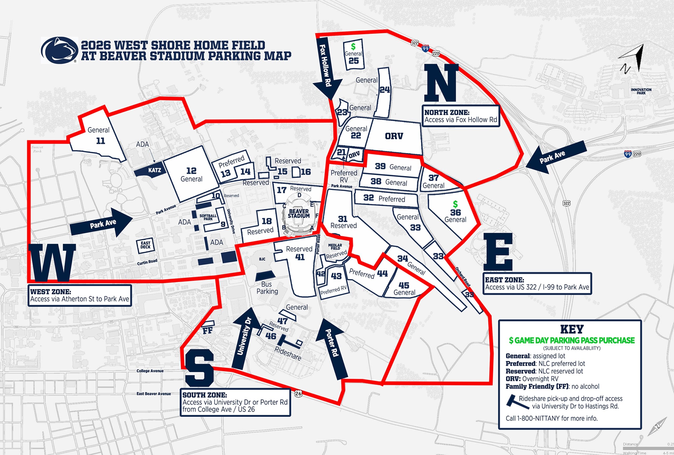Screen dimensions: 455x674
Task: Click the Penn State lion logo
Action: pos(60,50)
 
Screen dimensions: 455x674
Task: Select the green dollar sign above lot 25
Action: pos(353,46)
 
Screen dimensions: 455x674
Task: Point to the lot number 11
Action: pos(101,141)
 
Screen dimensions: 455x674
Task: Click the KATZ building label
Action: pos(154,170)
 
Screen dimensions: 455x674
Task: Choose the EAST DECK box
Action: pos(145,245)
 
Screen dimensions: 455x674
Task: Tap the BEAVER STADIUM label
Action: pos(299,214)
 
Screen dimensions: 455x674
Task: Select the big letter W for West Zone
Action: pos(52,263)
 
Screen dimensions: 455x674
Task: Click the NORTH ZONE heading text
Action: pos(447,112)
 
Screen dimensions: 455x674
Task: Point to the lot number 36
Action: pos(455,212)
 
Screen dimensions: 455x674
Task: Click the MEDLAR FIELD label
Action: pos(335,247)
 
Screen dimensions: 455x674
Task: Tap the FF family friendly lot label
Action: pos(207,330)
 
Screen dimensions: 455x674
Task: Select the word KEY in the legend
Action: pos(572,329)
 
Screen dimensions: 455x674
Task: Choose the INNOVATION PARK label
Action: pos(641,91)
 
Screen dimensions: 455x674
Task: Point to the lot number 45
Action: pos(404,285)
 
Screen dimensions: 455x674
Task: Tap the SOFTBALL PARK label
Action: pos(208,217)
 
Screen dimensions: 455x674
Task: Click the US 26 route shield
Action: pos(298,394)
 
